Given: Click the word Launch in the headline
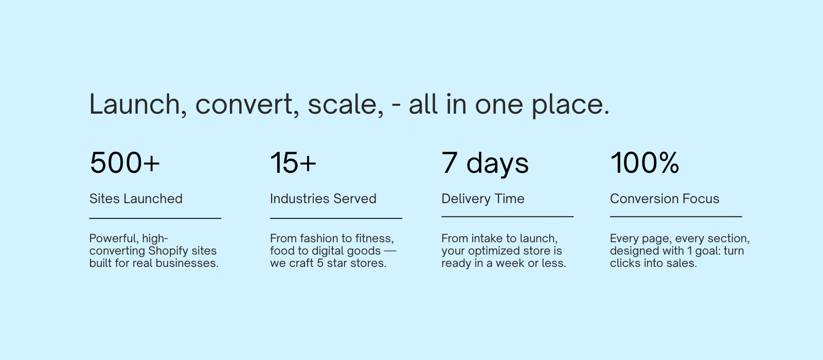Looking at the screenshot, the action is pos(135,104).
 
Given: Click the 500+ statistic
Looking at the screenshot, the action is pos(125,163).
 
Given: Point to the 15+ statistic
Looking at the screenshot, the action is pos(293,163).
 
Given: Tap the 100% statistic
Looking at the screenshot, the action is pos(645,163).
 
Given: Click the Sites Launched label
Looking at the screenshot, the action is pos(136,199).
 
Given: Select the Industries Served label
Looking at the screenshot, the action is pos(324,199).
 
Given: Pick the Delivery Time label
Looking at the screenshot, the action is pos(483,199).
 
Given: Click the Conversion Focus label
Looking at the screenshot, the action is pos(665,199).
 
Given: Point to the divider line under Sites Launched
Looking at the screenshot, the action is pos(155,218).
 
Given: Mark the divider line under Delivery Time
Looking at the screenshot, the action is pos(507,217).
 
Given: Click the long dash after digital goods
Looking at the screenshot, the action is pos(390,251).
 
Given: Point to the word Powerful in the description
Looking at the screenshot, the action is pos(113,239).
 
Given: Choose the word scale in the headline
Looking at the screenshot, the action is pos(343,105).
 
